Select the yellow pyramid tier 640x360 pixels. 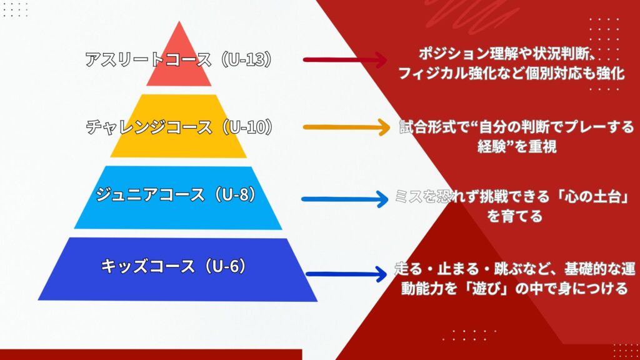click(x=179, y=126)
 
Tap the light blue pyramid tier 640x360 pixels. click(x=178, y=197)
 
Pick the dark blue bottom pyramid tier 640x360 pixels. click(x=178, y=269)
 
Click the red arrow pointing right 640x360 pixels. click(x=345, y=60)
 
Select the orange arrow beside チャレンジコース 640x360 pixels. click(x=346, y=127)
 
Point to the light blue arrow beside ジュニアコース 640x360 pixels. click(x=345, y=199)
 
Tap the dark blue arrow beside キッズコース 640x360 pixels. click(x=346, y=274)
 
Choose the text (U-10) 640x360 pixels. click(x=246, y=127)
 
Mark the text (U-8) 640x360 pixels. click(x=232, y=194)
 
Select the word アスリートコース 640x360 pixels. click(x=149, y=59)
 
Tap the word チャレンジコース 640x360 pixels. click(x=149, y=127)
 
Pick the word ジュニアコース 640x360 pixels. click(x=151, y=194)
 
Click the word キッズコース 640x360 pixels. click(x=148, y=266)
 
